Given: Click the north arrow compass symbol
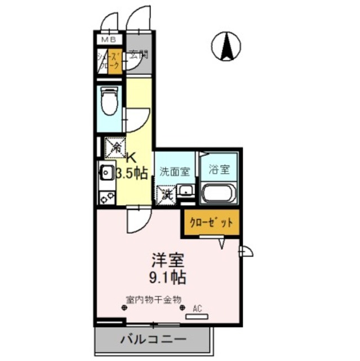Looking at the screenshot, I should coord(226,46).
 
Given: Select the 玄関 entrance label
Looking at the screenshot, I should coord(138,55).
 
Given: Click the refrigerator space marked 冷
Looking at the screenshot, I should coord(115,147).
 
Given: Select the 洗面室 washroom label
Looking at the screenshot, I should coord(174,170).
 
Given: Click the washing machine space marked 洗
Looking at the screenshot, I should coord(167,195).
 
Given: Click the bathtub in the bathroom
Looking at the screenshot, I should coord(219,193).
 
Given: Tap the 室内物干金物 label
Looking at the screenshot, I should coord(153,300).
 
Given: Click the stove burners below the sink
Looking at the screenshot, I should coord(106,197).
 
